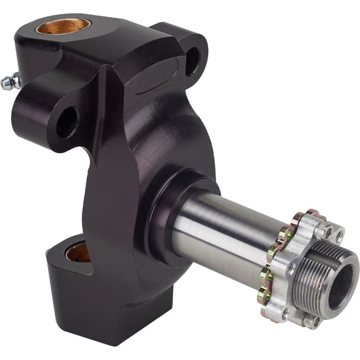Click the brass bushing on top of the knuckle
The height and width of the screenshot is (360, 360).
pyautogui.click(x=62, y=26)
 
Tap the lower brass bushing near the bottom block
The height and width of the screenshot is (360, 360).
pyautogui.click(x=79, y=252)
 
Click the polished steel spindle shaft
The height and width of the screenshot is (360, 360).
pyautogui.click(x=225, y=231)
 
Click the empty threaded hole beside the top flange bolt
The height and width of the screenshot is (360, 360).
pyautogui.click(x=338, y=236)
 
